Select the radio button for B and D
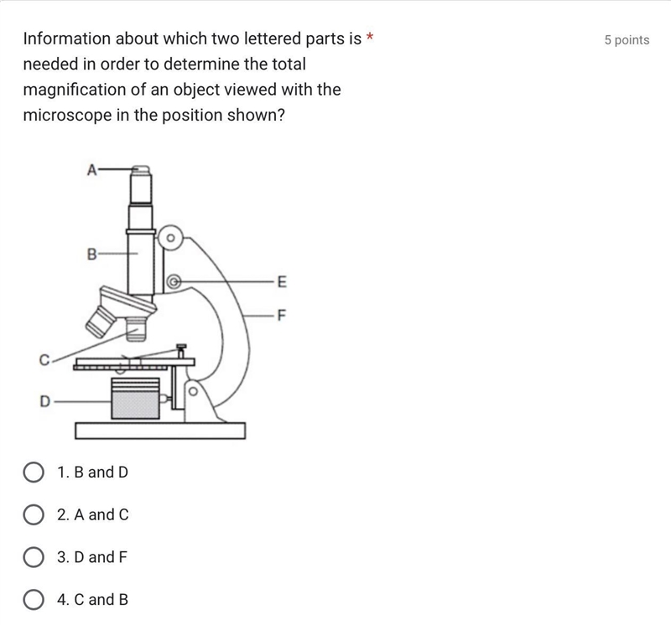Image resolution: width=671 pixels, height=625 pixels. (x=34, y=473)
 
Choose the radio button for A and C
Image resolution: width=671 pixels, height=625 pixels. (x=34, y=514)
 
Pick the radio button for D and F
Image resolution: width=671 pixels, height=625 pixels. (x=34, y=557)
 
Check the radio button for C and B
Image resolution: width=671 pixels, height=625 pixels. (x=34, y=599)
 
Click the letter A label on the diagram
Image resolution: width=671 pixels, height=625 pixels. (x=92, y=170)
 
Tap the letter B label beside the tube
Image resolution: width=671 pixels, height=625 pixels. (x=92, y=255)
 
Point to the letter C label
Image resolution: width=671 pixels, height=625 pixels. (x=44, y=360)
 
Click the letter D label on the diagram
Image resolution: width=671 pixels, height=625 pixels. (x=45, y=401)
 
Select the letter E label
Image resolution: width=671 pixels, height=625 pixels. (x=282, y=282)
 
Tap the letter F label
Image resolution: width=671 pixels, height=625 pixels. (x=281, y=315)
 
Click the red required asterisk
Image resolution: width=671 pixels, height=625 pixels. (x=370, y=37)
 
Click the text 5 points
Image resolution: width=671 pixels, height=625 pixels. (x=627, y=39)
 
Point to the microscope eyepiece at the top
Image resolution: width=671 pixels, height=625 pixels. (x=140, y=183)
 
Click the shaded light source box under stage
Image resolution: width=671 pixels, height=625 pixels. (x=135, y=404)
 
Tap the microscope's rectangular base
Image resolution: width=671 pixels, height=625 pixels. (x=160, y=431)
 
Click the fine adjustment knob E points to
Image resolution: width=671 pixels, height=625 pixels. (x=174, y=282)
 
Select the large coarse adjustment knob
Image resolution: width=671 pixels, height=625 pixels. (x=170, y=238)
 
